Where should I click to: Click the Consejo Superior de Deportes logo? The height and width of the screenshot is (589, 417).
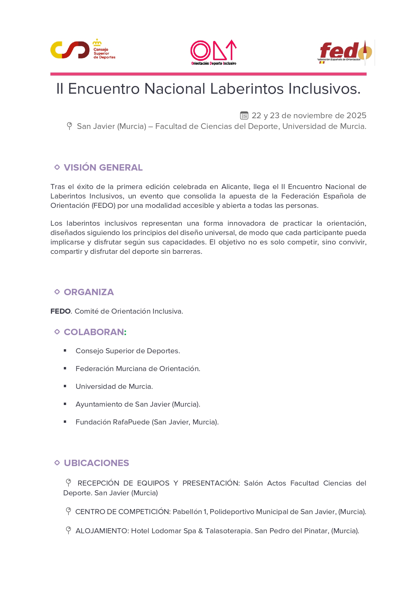point(82,50)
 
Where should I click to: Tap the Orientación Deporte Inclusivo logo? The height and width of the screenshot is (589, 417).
point(214,52)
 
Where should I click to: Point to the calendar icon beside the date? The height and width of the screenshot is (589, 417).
point(244,116)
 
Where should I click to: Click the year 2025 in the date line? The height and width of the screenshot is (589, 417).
point(356,116)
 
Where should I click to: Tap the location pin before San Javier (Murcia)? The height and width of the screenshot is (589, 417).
point(70,126)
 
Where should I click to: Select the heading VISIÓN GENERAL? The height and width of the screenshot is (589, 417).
point(103,168)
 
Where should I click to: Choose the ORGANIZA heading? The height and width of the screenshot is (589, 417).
point(89,292)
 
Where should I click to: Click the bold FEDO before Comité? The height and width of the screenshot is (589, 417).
point(60,311)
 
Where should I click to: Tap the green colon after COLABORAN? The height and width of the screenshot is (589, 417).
point(125,332)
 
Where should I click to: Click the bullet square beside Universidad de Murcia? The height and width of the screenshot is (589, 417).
point(65,386)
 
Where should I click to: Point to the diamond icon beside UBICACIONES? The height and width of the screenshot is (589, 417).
point(57,463)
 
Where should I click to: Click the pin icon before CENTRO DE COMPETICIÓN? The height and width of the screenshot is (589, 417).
point(69,511)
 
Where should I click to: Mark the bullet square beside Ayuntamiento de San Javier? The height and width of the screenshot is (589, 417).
point(65,404)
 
